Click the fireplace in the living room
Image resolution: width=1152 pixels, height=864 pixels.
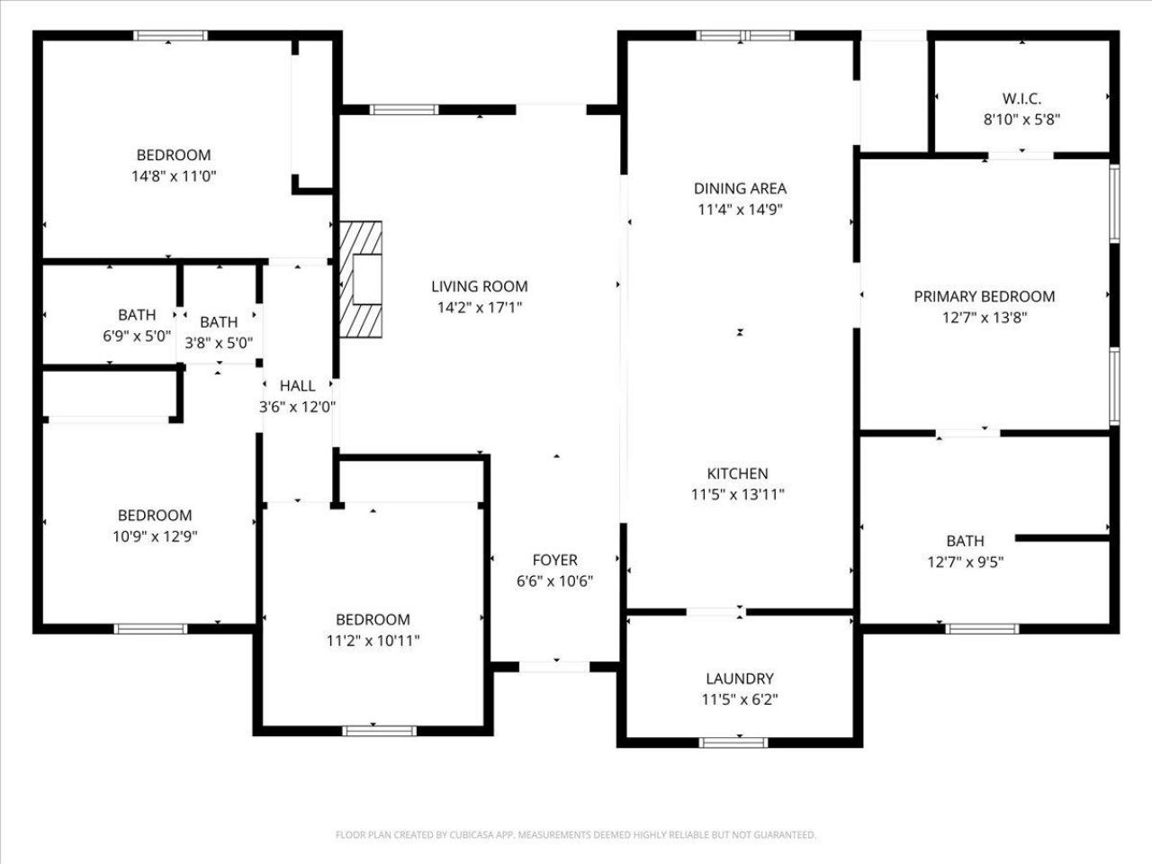(x=361, y=279)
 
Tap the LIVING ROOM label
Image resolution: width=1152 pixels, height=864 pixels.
(x=479, y=286)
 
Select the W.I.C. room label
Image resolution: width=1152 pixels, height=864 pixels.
(x=1021, y=98)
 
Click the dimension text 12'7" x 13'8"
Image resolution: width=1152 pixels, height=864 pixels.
(x=984, y=317)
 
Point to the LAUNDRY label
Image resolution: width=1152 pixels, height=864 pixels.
(x=739, y=679)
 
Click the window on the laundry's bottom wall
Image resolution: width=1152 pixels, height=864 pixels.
(x=733, y=742)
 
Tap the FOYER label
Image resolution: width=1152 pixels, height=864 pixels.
(x=554, y=560)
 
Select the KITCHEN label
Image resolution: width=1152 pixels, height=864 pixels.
(x=737, y=473)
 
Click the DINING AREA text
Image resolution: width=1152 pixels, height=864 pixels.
(x=740, y=188)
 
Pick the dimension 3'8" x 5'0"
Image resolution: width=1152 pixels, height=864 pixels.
(x=219, y=343)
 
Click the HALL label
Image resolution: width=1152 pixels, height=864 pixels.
(x=297, y=385)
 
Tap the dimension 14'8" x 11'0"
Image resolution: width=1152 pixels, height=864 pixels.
(x=174, y=176)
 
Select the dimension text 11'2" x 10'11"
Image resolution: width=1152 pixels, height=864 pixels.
(x=373, y=641)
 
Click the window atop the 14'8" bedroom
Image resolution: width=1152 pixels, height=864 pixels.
(x=171, y=36)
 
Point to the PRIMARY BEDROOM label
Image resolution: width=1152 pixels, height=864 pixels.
(x=984, y=296)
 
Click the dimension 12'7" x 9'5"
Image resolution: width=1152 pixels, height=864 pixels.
(x=965, y=562)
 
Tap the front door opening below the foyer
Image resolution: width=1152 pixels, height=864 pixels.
(x=554, y=667)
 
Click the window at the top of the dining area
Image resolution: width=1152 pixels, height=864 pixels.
(x=746, y=36)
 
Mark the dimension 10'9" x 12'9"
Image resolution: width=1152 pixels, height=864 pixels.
(x=155, y=536)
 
